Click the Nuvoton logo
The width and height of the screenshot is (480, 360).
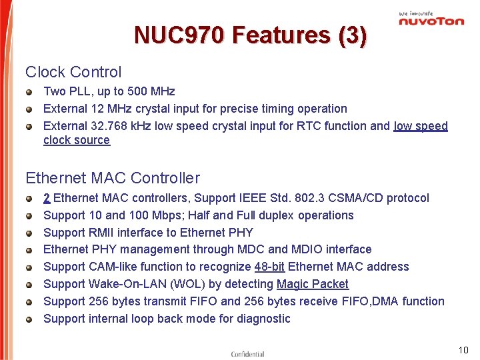click(x=431, y=19)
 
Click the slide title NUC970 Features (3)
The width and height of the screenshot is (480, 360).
click(x=250, y=35)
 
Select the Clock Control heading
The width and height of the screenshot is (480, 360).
click(x=73, y=72)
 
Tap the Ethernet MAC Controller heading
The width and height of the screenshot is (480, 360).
click(x=113, y=178)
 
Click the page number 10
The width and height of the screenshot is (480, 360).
click(x=463, y=350)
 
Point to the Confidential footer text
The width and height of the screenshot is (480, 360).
click(x=247, y=354)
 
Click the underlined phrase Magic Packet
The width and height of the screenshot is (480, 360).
click(x=313, y=284)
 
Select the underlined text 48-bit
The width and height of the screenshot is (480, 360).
click(x=269, y=267)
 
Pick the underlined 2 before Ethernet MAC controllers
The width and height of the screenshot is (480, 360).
click(x=47, y=198)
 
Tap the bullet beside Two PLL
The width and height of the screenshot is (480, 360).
click(x=30, y=92)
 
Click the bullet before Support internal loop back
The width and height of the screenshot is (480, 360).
click(x=30, y=319)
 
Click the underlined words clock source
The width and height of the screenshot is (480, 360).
click(x=77, y=140)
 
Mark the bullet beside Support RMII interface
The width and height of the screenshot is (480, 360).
click(x=30, y=233)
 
